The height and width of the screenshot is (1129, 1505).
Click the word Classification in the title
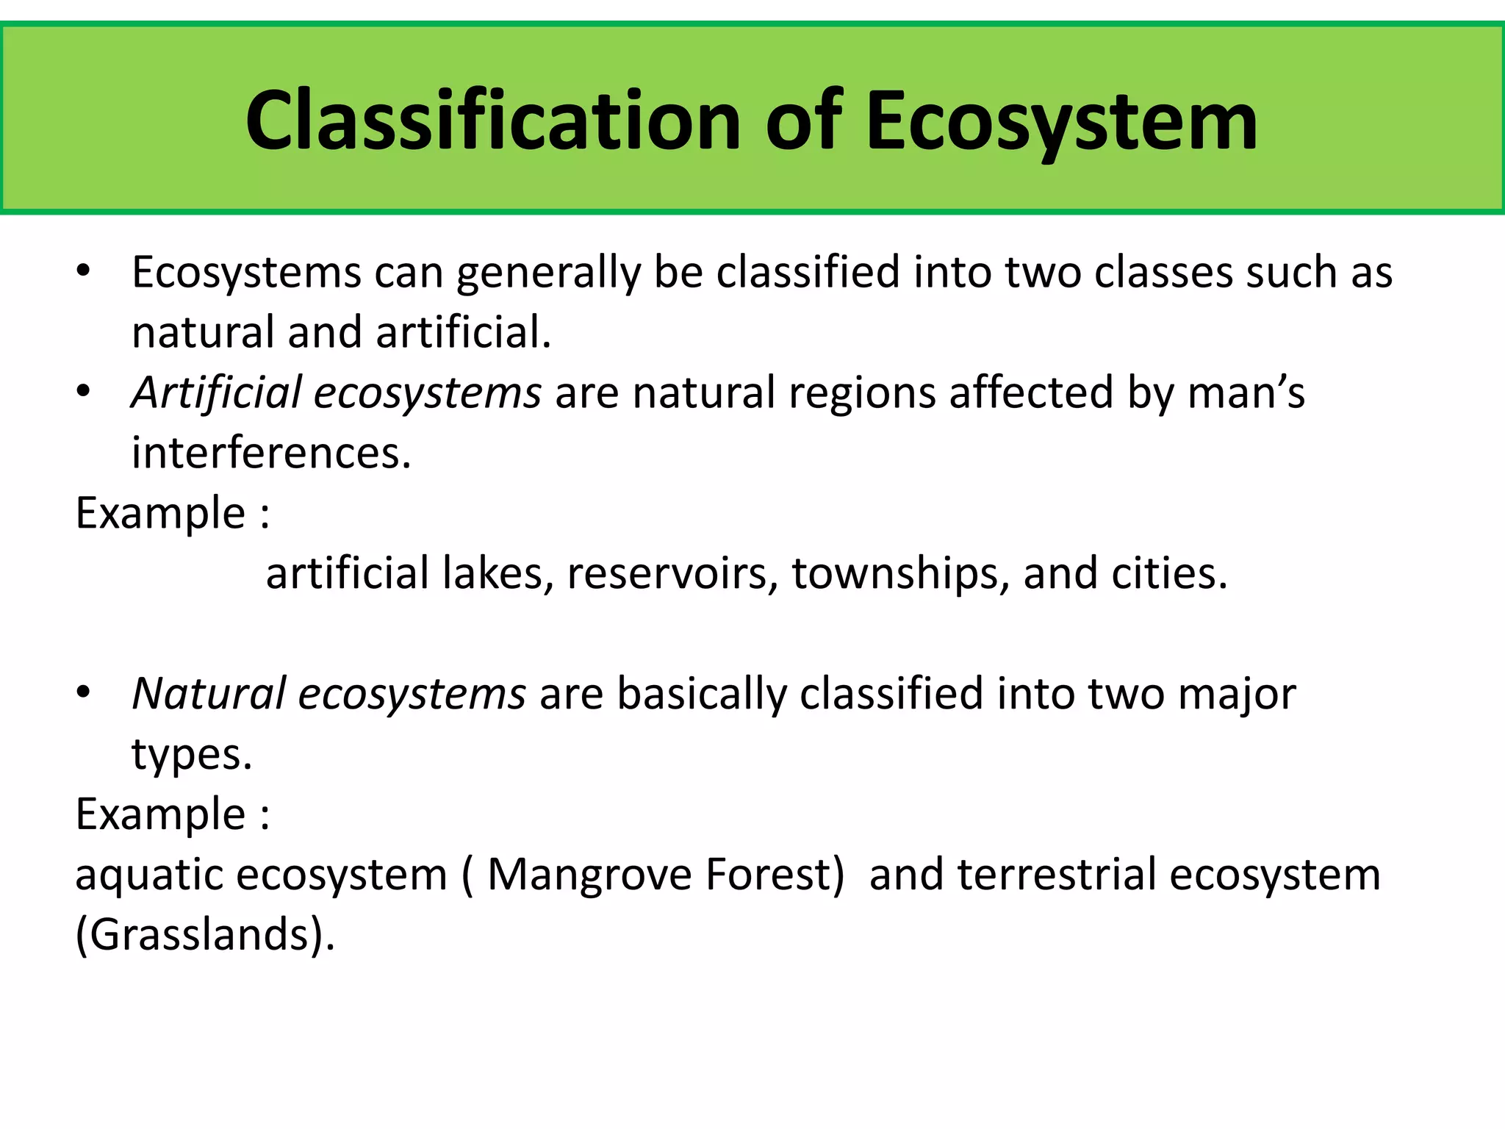[x=492, y=121]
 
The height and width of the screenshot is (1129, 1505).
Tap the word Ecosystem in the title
[x=1061, y=121]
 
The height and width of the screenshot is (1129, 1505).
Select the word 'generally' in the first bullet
[x=548, y=273]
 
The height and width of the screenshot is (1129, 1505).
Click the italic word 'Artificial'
[x=217, y=393]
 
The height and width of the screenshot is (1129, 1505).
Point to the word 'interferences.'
[x=271, y=453]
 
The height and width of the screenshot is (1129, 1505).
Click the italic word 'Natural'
[x=209, y=694]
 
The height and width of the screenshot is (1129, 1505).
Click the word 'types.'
[x=192, y=756]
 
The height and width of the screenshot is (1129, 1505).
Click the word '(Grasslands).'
[x=205, y=936]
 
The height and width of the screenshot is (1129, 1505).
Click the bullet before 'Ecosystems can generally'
[x=83, y=272]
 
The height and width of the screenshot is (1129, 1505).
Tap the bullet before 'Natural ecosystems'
[x=83, y=692]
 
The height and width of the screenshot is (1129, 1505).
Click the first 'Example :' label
[x=173, y=513]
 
